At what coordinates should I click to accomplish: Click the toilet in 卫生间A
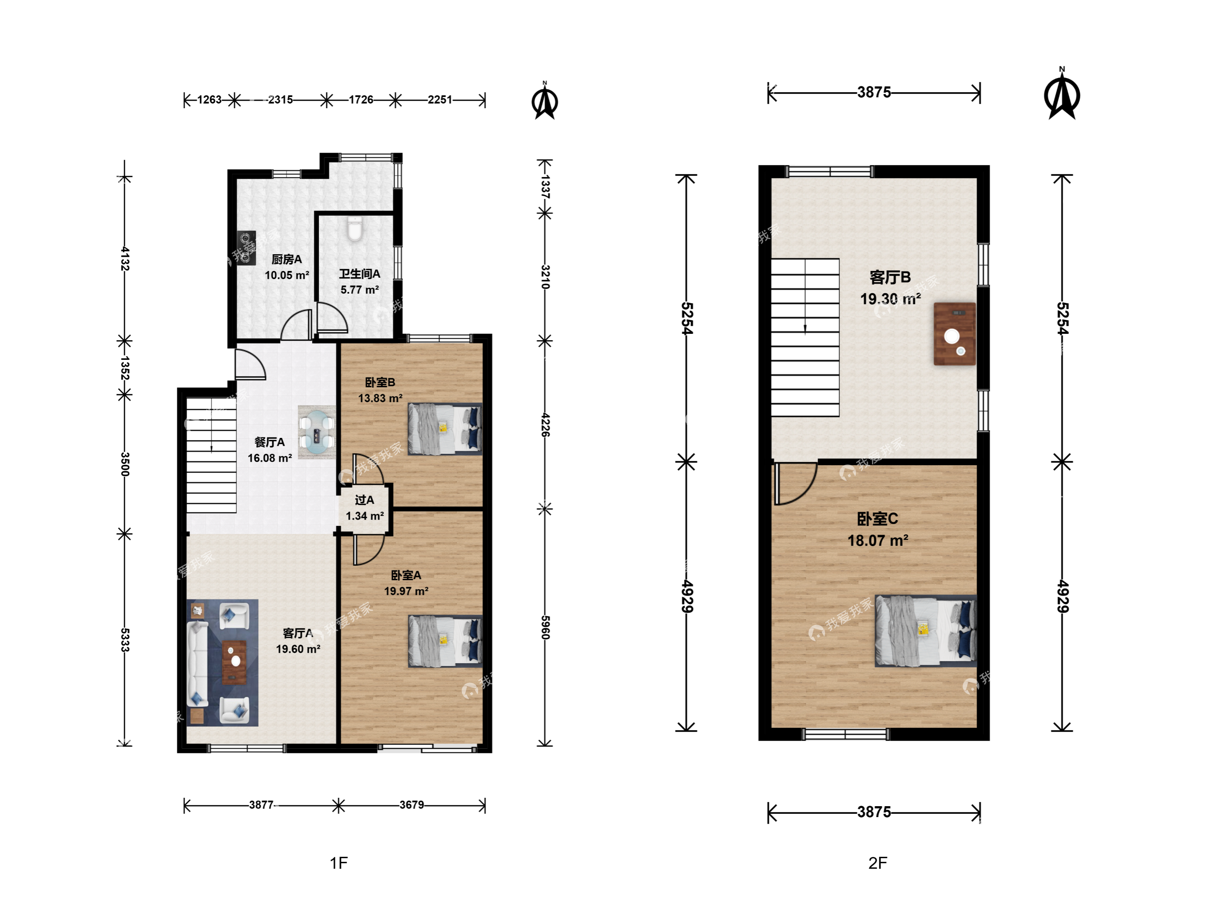355,229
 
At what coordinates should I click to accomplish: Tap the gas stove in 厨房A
246,248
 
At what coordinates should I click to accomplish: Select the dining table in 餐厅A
316,432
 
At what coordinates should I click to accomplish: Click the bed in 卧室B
445,429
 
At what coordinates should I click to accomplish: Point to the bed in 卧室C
926,631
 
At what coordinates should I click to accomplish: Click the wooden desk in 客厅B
955,334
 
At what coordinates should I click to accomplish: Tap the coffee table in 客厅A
234,662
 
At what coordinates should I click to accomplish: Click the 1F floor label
338,863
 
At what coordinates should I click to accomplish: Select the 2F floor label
877,863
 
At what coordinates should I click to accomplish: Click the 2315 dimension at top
280,99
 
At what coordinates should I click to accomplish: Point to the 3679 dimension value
411,804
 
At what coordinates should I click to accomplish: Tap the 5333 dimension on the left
125,640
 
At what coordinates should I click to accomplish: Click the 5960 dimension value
545,627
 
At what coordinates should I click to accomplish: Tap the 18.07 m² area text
877,541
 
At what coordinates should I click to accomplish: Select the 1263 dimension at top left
209,99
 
